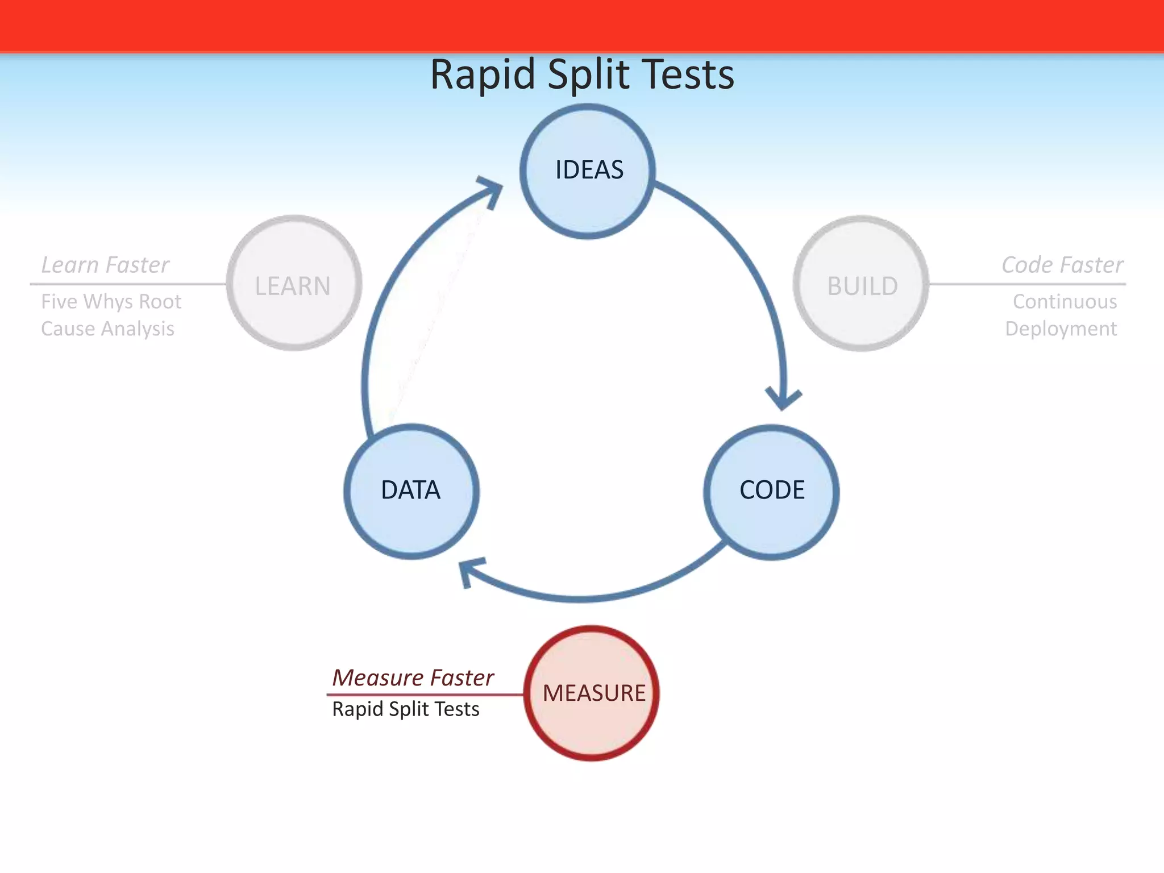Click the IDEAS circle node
click(588, 171)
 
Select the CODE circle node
click(771, 492)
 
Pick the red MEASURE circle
click(592, 693)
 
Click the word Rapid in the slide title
click(483, 75)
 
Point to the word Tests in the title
click(687, 75)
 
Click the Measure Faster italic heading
click(413, 677)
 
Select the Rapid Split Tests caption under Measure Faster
click(406, 709)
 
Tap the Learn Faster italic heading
click(105, 265)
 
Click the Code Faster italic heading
click(1062, 265)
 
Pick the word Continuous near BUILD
click(1065, 301)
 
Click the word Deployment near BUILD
click(1061, 329)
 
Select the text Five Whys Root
click(111, 301)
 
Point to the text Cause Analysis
click(107, 329)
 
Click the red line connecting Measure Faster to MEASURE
click(426, 694)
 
